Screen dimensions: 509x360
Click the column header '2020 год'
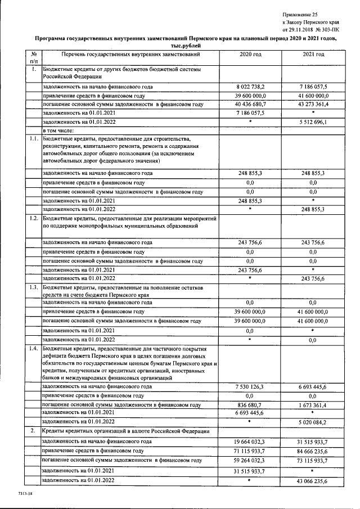pos(250,55)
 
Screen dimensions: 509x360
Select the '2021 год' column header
pos(313,55)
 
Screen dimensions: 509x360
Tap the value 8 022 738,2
pos(250,87)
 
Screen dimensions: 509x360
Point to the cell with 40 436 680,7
pos(250,104)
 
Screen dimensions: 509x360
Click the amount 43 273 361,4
pos(313,104)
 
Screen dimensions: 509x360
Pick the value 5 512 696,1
pos(313,122)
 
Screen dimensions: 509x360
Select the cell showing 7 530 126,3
pos(250,387)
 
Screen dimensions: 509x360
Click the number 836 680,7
pos(250,404)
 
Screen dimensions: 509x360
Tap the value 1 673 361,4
pos(313,404)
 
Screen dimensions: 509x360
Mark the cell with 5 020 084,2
pos(313,421)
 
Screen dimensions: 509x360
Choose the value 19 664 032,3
pos(250,442)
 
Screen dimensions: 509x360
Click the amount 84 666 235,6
pos(313,451)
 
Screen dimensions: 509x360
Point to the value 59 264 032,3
pos(250,461)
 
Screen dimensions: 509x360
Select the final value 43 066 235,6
pos(313,481)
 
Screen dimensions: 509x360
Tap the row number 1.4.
pos(34,349)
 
